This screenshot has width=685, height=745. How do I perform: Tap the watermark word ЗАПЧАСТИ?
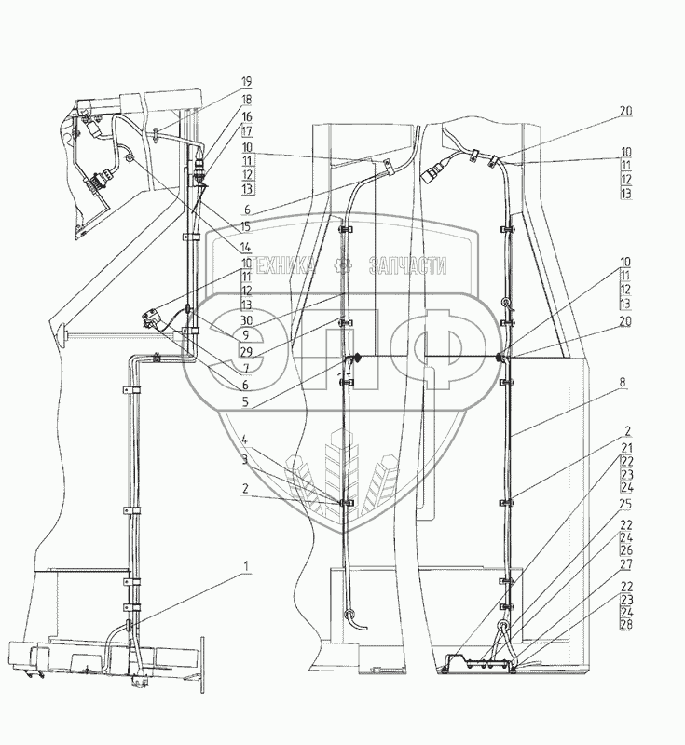point(409,267)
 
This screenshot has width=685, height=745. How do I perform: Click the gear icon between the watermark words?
point(343,266)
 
